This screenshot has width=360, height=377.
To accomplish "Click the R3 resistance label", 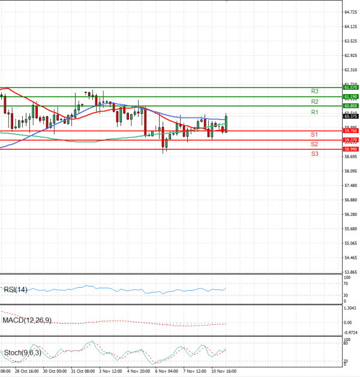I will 314,91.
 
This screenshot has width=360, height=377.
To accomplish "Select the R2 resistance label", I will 314,102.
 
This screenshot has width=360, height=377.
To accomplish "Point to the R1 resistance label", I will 314,113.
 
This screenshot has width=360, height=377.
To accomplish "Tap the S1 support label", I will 314,134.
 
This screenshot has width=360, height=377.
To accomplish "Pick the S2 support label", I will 314,144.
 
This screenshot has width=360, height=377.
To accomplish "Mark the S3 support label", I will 314,154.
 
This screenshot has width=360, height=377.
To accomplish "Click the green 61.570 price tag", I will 350,88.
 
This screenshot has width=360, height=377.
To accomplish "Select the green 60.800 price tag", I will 350,106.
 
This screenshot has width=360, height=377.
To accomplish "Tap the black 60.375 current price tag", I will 350,116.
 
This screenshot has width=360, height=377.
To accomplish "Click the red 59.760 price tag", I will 350,131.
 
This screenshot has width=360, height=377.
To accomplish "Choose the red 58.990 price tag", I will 350,149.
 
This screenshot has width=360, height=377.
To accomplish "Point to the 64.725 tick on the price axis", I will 350,12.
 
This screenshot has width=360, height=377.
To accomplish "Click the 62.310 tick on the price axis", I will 350,70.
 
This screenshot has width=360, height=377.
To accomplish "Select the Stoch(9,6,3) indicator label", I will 22,352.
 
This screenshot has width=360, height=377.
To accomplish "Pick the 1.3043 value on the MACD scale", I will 350,309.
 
